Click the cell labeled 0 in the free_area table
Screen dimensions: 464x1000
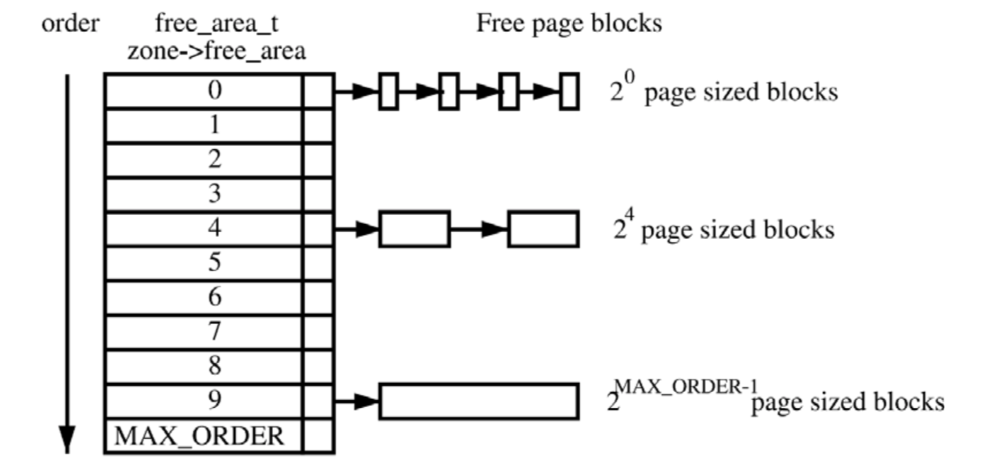pyautogui.click(x=203, y=91)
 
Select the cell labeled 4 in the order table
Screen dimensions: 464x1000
pyautogui.click(x=203, y=229)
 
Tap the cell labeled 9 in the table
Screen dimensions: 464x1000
pyautogui.click(x=203, y=401)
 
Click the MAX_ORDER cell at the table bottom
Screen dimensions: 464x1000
pyautogui.click(x=200, y=436)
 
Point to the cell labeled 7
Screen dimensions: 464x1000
pyautogui.click(x=203, y=332)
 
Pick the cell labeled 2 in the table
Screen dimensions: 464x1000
pyautogui.click(x=203, y=160)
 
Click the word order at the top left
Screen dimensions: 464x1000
pyautogui.click(x=70, y=23)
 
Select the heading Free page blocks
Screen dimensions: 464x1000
pyautogui.click(x=569, y=23)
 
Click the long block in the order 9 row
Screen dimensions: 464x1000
pyautogui.click(x=478, y=401)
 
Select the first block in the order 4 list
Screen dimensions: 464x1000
pyautogui.click(x=414, y=229)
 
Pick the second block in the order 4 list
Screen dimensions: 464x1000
pyautogui.click(x=543, y=229)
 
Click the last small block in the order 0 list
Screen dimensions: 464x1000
pyautogui.click(x=569, y=91)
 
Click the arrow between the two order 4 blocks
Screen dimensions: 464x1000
pyautogui.click(x=479, y=229)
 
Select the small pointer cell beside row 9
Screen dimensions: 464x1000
pyautogui.click(x=318, y=401)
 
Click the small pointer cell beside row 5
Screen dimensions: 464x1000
pyautogui.click(x=318, y=263)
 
